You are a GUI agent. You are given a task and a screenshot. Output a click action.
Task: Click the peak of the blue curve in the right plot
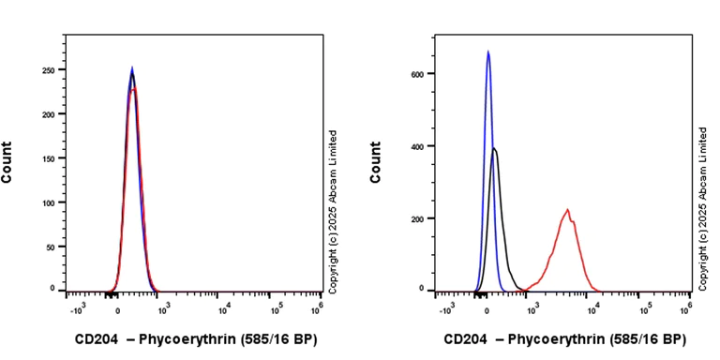tap(488, 52)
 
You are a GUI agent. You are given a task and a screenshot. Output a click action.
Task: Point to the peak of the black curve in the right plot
tap(494, 148)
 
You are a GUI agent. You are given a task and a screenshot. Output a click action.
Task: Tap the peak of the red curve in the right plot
tap(567, 210)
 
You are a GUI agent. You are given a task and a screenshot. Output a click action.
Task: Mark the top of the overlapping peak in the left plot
tap(132, 68)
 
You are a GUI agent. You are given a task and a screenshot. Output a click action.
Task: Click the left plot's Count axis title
tap(7, 161)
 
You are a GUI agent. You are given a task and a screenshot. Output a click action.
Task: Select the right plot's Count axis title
tap(376, 161)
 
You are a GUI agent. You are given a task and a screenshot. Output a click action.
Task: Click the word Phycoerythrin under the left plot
tap(184, 339)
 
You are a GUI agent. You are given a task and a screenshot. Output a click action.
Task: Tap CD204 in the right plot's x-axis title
tap(465, 339)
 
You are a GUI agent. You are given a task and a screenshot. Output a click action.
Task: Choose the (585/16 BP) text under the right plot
tap(648, 339)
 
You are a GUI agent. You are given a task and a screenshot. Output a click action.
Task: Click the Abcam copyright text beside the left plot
tap(333, 208)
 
